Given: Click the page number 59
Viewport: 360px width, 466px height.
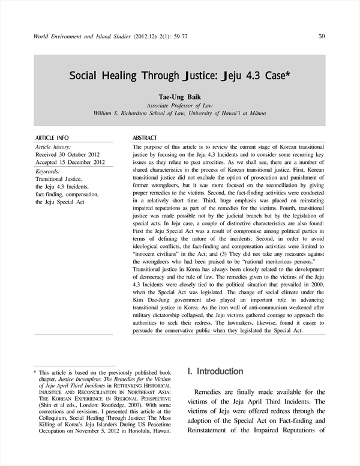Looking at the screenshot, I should (x=322, y=36).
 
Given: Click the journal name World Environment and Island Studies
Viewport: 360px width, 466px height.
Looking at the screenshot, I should (x=79, y=37).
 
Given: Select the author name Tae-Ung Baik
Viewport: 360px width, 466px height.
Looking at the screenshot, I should (x=179, y=96).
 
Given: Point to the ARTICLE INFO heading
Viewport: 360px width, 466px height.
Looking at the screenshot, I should (x=52, y=138).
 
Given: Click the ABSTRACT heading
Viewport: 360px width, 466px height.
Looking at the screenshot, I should (x=145, y=138).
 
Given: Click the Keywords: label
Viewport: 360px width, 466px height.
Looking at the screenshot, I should (x=49, y=171).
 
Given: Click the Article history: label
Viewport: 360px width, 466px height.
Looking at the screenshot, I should (x=53, y=147).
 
